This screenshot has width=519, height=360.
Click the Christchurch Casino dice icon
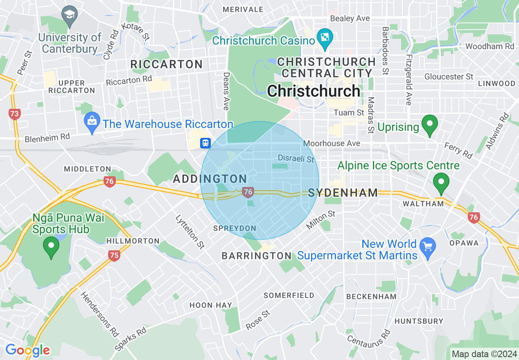[325, 37]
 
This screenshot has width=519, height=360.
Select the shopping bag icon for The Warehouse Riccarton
[92, 121]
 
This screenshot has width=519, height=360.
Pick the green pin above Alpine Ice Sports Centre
[441, 182]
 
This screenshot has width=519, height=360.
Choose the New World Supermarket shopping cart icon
[428, 247]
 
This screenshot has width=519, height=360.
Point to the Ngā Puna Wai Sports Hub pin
[51, 246]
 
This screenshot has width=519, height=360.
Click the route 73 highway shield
[14, 114]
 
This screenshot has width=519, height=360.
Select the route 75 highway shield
[115, 256]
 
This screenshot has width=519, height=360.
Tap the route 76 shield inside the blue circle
[247, 191]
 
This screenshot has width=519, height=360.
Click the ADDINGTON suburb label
[210, 179]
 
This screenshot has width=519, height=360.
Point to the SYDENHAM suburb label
[343, 193]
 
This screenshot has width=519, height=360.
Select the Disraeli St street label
[296, 158]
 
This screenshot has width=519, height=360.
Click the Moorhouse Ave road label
[332, 143]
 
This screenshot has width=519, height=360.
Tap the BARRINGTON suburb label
[256, 256]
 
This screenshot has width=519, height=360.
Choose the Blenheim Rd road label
[47, 138]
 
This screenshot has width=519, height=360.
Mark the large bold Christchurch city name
[314, 91]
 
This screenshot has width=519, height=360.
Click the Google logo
[27, 350]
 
